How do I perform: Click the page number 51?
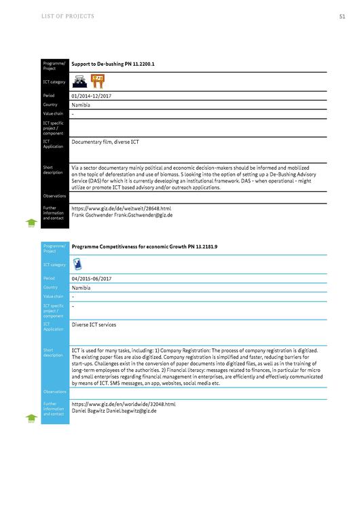tap(342, 16)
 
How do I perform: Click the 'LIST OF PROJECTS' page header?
tap(68, 16)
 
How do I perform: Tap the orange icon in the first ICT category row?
tap(98, 81)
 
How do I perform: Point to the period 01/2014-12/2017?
tap(91, 96)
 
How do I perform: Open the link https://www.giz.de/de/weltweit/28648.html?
tap(122, 208)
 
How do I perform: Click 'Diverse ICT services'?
tap(94, 324)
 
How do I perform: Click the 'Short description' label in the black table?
tap(53, 170)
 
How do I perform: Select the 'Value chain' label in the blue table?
tap(53, 297)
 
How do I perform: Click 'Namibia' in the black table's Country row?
tap(81, 105)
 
